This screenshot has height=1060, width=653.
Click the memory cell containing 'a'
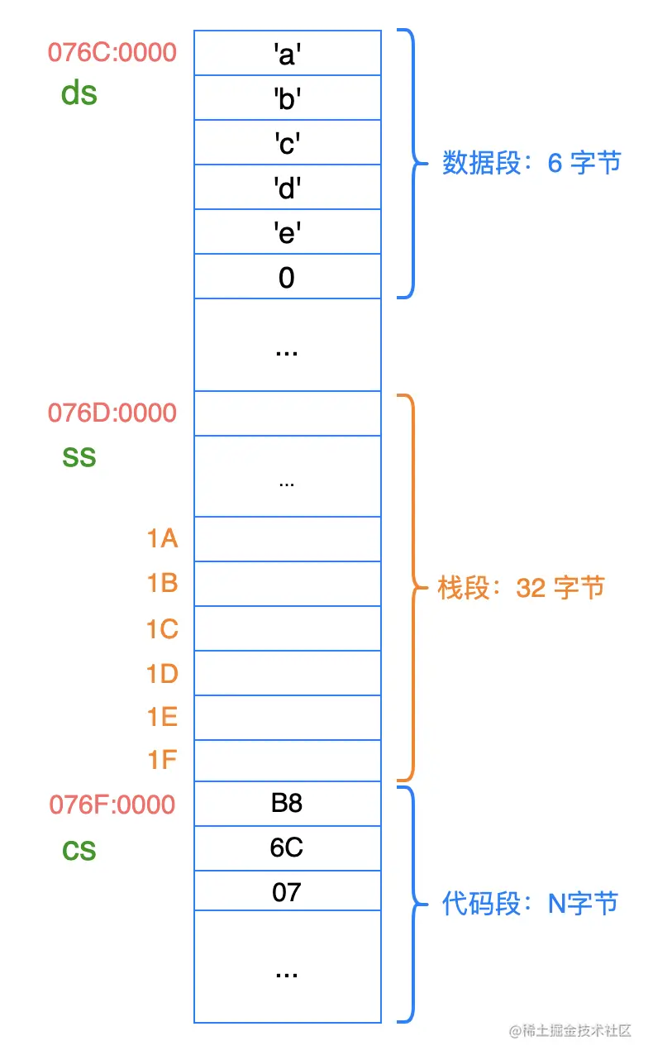(x=287, y=53)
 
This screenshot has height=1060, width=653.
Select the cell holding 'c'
(x=287, y=142)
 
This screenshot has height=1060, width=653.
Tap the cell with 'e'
(x=287, y=232)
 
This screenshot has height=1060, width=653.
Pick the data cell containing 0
(x=287, y=277)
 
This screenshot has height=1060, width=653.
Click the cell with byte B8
(x=287, y=804)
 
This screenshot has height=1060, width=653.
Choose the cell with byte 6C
(x=287, y=848)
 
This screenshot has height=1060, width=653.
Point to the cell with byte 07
(x=287, y=893)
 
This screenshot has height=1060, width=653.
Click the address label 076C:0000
(x=112, y=52)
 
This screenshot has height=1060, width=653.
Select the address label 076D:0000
(x=112, y=413)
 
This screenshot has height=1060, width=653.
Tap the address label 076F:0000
(x=112, y=805)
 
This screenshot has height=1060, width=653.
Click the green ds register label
(x=79, y=93)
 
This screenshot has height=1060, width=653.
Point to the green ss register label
(x=79, y=456)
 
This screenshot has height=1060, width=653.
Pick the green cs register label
(x=79, y=849)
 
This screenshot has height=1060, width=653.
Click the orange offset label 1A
(x=163, y=539)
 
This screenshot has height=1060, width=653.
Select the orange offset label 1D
(x=163, y=674)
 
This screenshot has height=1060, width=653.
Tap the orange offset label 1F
(x=163, y=759)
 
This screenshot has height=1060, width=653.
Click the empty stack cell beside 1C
(x=287, y=628)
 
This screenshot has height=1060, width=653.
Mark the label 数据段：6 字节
(x=531, y=163)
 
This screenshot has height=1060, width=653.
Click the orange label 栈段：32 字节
(x=521, y=588)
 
